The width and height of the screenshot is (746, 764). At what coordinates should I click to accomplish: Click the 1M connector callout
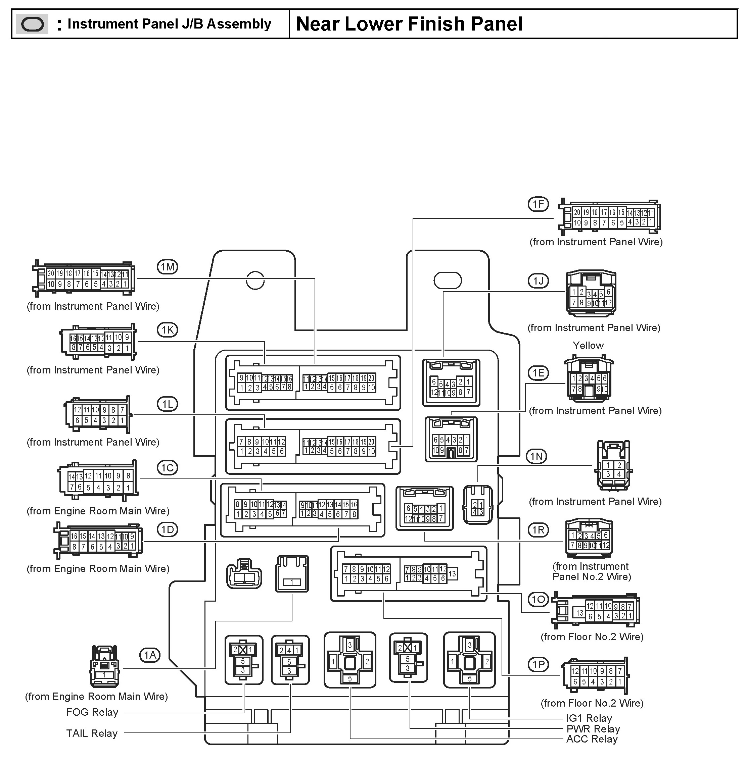click(167, 267)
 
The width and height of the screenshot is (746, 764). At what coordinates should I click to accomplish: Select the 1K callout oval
click(167, 330)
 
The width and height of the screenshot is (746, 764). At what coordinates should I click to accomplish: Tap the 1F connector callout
click(538, 204)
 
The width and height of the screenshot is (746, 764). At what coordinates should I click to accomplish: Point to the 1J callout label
click(538, 281)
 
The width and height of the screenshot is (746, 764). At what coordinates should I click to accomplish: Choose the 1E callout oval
click(538, 373)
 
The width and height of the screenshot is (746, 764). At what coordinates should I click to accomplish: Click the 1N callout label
click(537, 456)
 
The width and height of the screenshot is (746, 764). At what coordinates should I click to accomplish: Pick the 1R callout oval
click(538, 530)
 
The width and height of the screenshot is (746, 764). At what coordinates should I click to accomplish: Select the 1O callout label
click(538, 600)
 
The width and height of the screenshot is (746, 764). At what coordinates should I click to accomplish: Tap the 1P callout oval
click(538, 664)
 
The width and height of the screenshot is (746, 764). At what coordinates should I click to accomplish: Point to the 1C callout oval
click(167, 468)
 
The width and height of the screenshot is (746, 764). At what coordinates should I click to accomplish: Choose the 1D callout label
click(167, 529)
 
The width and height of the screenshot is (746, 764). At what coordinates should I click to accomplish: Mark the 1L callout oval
click(167, 404)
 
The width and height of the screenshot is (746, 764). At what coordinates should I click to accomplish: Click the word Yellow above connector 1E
click(588, 345)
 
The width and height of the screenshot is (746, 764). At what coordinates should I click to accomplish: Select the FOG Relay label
click(92, 712)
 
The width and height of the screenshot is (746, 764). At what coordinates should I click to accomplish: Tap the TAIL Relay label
click(92, 733)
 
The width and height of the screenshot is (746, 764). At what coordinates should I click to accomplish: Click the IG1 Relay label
click(589, 718)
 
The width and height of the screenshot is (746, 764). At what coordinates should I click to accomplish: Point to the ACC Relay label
click(592, 739)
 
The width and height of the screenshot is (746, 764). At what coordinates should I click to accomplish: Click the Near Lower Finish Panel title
click(409, 24)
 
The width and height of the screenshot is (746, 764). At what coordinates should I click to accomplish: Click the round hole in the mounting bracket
click(255, 281)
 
